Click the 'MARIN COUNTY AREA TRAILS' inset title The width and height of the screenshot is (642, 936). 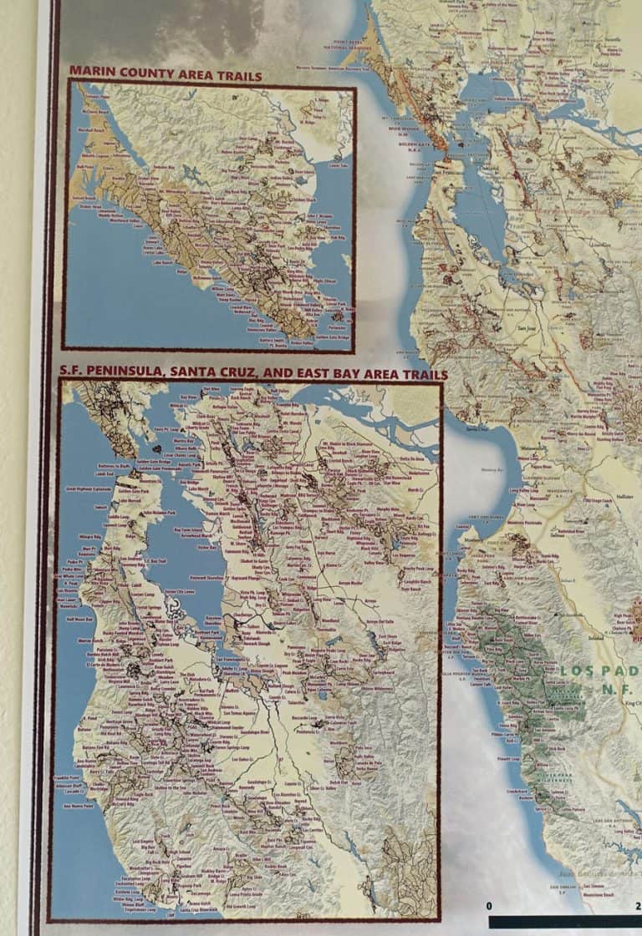(166, 75)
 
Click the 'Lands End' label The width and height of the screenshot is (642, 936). (104, 473)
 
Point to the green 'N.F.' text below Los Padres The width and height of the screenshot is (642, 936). (615, 690)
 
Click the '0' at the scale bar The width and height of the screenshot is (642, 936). (489, 906)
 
